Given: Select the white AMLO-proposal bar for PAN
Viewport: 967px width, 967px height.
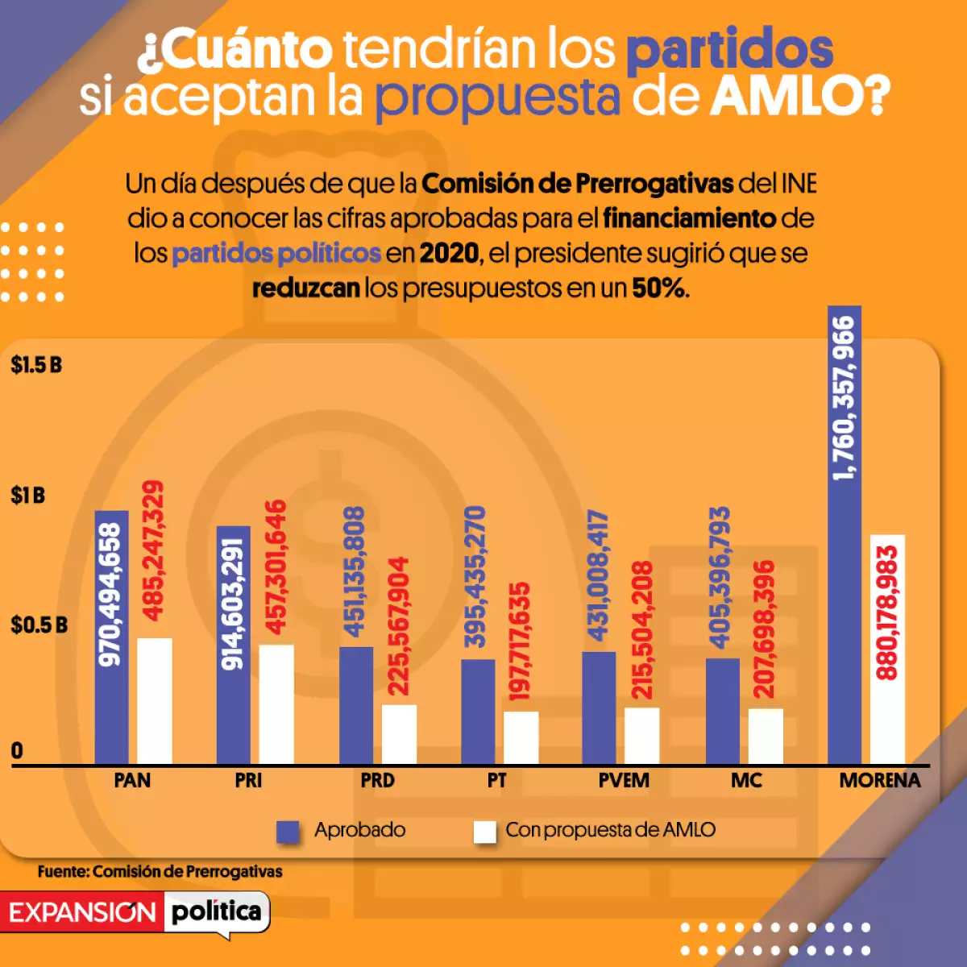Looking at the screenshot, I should coord(154,701).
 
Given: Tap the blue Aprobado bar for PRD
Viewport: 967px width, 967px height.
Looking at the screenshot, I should coord(356,705).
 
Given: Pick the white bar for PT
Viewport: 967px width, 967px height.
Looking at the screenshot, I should coord(521,737).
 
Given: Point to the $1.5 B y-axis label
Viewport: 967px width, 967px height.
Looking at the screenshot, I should coord(36,365).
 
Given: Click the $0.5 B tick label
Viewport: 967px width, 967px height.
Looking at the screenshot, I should coord(39,625).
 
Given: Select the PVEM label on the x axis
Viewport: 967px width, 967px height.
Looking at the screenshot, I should coord(624,781).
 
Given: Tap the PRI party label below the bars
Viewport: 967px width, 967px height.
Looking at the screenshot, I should coord(248,781).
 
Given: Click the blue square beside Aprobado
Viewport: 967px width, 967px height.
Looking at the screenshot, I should coord(288,832).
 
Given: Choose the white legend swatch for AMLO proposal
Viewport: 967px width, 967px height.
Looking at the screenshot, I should coord(484,832).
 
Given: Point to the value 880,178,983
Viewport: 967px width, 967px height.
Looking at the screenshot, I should coord(886,612).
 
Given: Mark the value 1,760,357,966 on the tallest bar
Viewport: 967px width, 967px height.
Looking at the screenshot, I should coord(844,398).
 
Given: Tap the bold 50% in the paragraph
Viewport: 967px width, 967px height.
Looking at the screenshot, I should coord(658,288).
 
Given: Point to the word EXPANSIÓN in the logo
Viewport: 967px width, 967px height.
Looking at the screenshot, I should coord(82,913).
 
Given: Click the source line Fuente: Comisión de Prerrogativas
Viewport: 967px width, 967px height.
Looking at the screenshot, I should coord(160,872).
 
